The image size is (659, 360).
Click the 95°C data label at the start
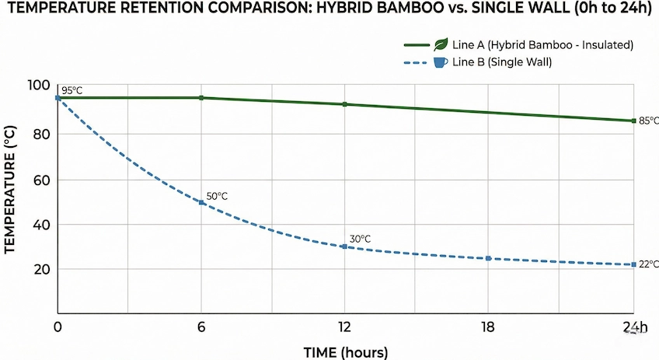tap(72, 91)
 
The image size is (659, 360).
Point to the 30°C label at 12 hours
tap(360, 239)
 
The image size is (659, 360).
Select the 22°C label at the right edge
tap(648, 264)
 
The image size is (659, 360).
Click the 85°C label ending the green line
tap(648, 121)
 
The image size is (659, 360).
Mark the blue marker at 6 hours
tap(202, 202)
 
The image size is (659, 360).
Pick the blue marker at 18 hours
tap(488, 258)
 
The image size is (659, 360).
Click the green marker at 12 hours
tap(345, 104)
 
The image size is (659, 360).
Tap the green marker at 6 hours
tap(202, 98)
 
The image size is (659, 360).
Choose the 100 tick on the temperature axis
tap(38, 86)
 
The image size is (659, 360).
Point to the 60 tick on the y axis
tap(41, 180)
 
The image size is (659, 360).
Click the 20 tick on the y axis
tap(41, 269)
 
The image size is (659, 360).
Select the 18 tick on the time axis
tap(488, 327)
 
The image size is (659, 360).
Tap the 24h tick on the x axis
tap(634, 327)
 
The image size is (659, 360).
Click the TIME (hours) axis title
tap(345, 352)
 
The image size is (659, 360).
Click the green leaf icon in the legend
tap(441, 44)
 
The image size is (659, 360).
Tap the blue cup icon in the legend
tap(441, 62)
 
